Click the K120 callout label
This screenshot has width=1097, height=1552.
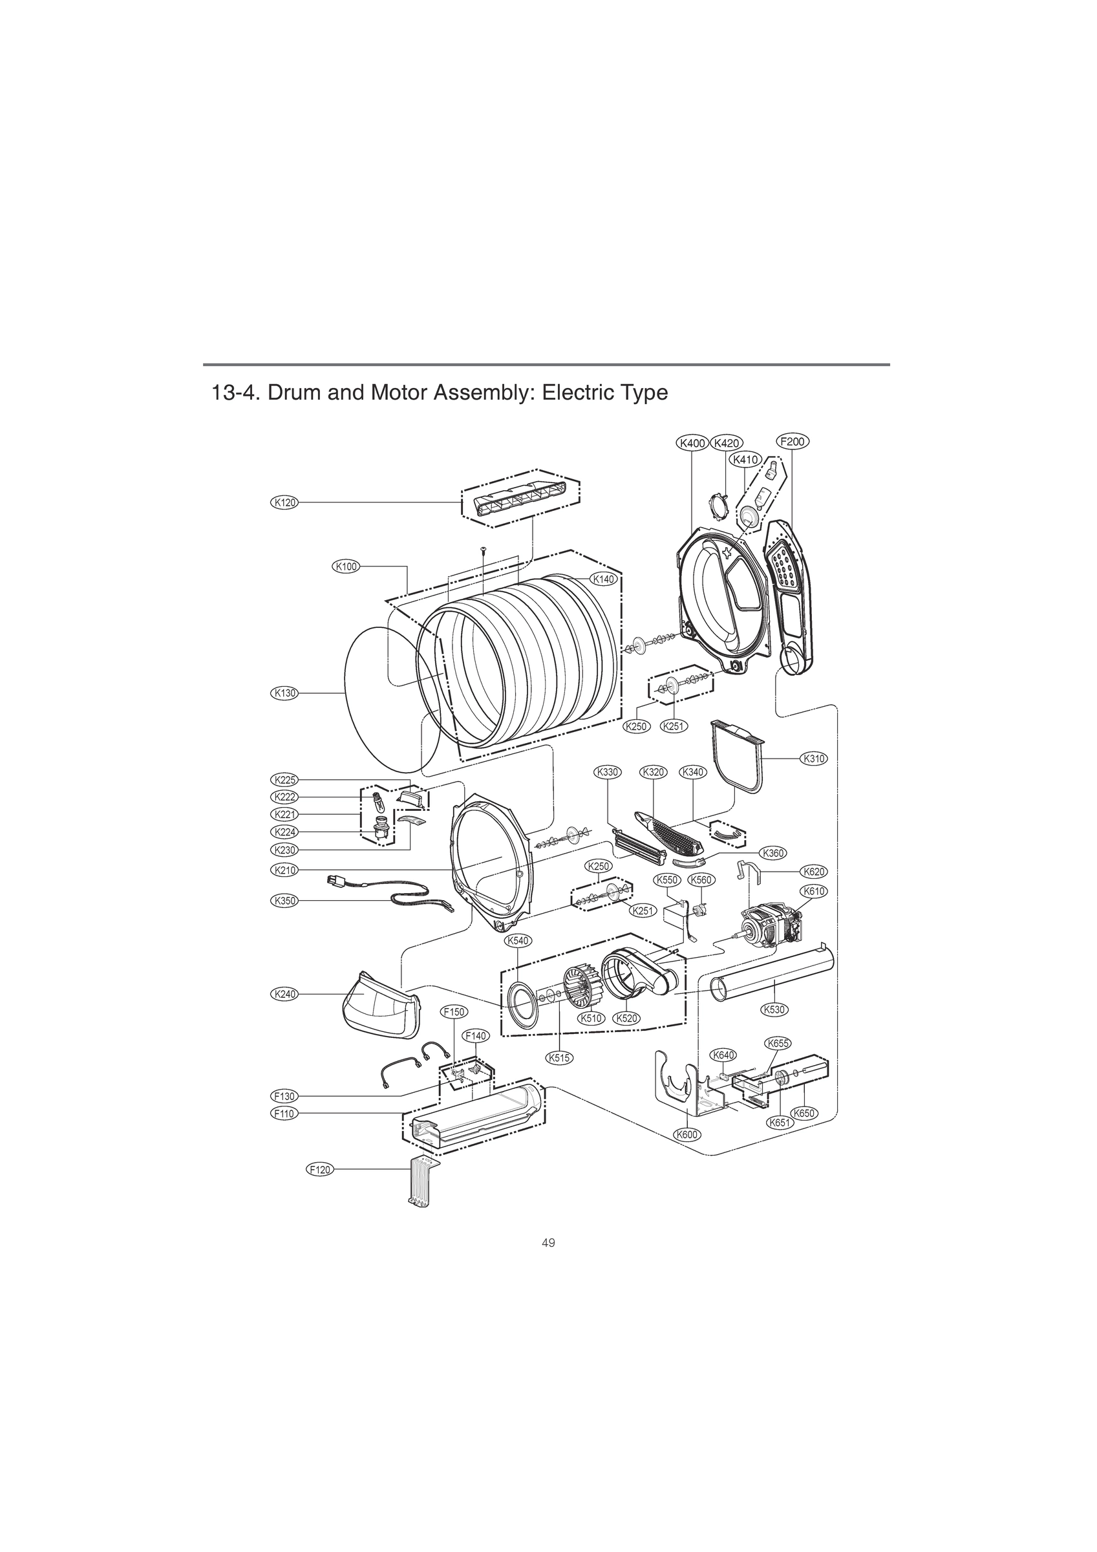click(284, 502)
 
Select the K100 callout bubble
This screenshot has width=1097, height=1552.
click(345, 566)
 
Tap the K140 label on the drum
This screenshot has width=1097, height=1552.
click(603, 579)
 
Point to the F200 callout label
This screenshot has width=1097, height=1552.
click(791, 442)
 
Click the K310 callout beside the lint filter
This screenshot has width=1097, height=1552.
click(814, 759)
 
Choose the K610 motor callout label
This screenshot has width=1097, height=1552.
click(814, 892)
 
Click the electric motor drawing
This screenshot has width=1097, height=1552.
click(771, 926)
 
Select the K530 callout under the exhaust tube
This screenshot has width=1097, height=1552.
click(774, 1028)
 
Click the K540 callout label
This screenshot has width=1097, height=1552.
click(518, 940)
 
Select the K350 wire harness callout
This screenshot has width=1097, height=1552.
click(284, 901)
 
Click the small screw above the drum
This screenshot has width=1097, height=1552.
click(484, 550)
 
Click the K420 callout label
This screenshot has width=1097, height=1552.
click(726, 444)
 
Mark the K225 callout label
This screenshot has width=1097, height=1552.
click(284, 779)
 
